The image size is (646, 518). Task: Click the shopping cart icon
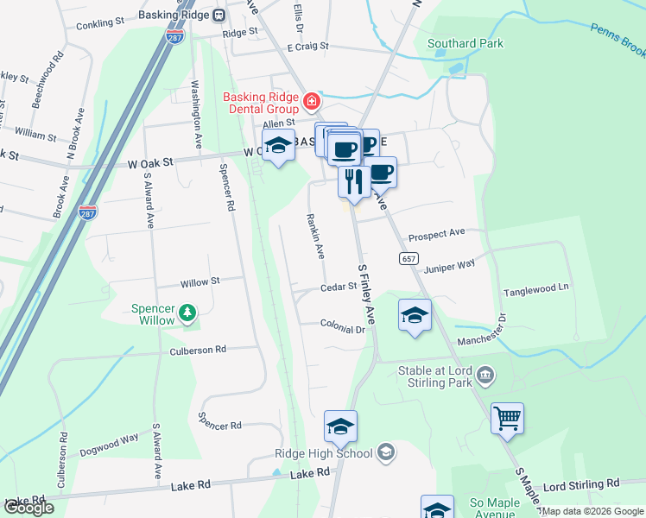coord(507,419)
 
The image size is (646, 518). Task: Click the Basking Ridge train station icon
coord(220,14)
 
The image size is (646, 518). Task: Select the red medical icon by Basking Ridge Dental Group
coord(311,103)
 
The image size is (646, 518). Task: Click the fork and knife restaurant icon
coord(353,181)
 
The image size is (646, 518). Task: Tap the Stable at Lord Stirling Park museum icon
coord(486,374)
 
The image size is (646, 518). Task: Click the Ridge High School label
coord(323,453)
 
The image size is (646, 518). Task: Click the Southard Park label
coord(465,43)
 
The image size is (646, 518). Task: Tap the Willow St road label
coord(200,281)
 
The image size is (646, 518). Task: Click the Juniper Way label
coord(449,268)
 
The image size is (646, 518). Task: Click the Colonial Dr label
coord(343,329)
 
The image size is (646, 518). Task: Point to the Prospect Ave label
coord(437,233)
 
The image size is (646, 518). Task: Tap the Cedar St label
coord(339,287)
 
